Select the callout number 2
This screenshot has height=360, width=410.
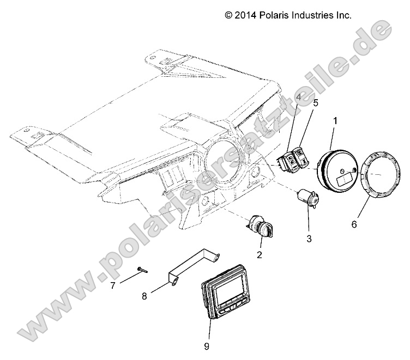260,254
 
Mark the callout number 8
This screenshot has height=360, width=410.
144,296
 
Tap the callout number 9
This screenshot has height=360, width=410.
207,345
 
